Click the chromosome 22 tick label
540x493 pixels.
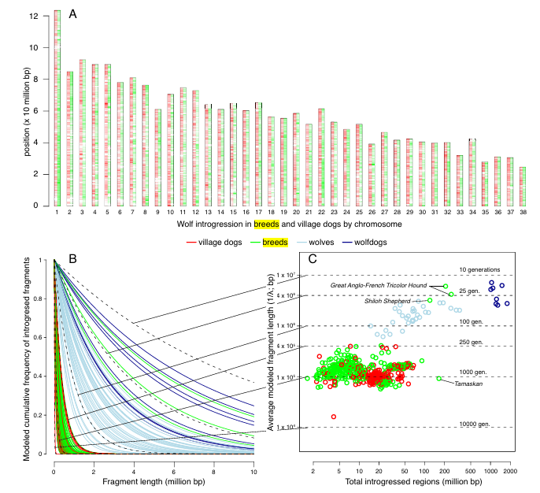click(321, 212)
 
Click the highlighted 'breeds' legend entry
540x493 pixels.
click(275, 242)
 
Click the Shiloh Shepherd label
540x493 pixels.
click(389, 301)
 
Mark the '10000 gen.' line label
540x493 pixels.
click(475, 423)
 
